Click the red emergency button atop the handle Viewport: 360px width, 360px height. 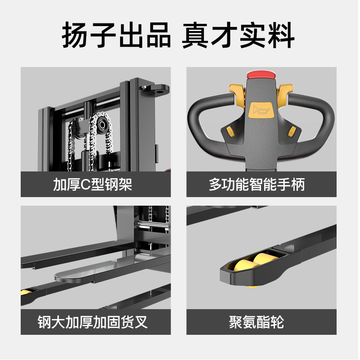point(261,75)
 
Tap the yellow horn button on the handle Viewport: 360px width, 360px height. point(261,110)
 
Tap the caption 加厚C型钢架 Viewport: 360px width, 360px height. point(93,184)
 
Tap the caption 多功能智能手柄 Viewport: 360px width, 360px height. point(257,184)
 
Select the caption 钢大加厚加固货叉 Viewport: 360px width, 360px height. point(93,322)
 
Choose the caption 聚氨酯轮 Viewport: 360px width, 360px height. point(256,322)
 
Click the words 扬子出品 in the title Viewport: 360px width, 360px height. point(117,35)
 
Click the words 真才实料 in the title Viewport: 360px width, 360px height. point(238,35)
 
